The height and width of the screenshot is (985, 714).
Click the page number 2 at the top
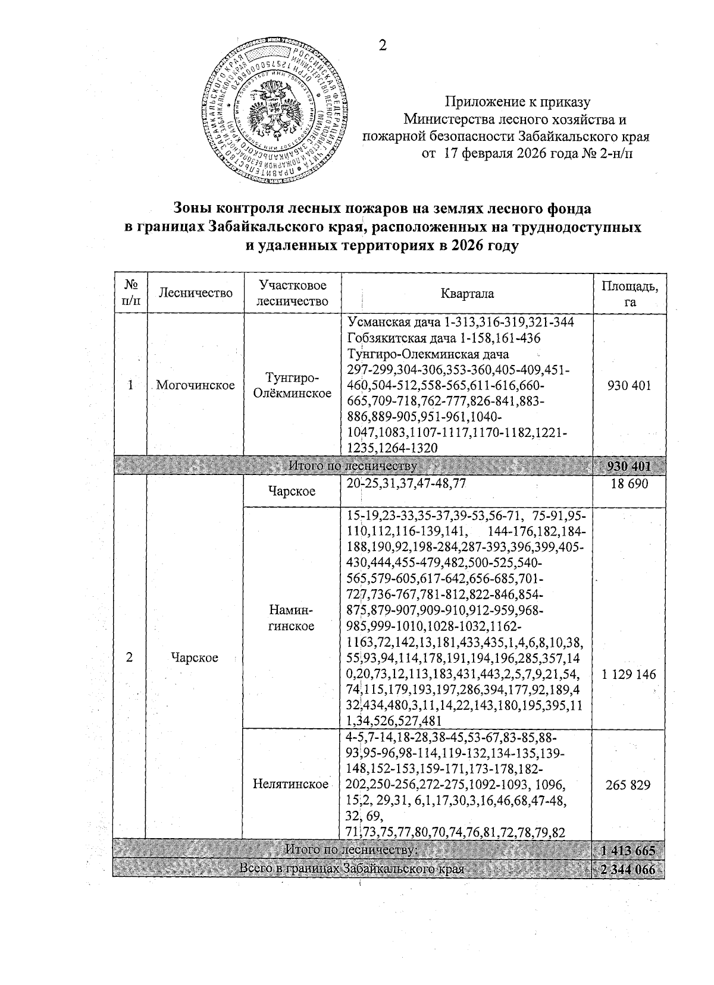pos(383,46)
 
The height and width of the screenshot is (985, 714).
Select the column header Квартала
pos(467,294)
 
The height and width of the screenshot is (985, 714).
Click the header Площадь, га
pos(630,294)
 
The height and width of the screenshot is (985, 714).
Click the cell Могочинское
pos(195,385)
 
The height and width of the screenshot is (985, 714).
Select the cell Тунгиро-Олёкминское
pos(292,385)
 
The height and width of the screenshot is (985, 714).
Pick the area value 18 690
pos(630,484)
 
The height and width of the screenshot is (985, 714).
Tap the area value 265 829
pos(630,785)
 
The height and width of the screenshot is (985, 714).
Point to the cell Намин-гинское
pos(292,618)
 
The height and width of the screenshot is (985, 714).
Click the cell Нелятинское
pos(291,785)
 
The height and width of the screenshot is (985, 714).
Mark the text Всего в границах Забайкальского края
pos(350,869)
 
